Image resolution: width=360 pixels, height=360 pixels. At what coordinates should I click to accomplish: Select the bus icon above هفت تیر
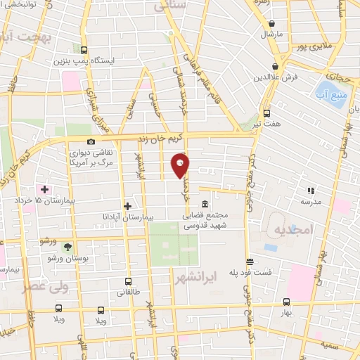266,112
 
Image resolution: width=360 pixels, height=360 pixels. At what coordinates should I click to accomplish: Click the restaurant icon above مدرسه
310,190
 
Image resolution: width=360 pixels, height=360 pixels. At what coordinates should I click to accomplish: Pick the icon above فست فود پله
247,261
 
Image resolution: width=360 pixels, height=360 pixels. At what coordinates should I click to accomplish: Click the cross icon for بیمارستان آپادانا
127,206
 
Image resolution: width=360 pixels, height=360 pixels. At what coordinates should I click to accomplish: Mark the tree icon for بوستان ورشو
67,247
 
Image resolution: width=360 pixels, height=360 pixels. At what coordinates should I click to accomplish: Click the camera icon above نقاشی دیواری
91,141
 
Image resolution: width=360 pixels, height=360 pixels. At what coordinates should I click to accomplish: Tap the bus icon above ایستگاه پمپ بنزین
84,50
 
